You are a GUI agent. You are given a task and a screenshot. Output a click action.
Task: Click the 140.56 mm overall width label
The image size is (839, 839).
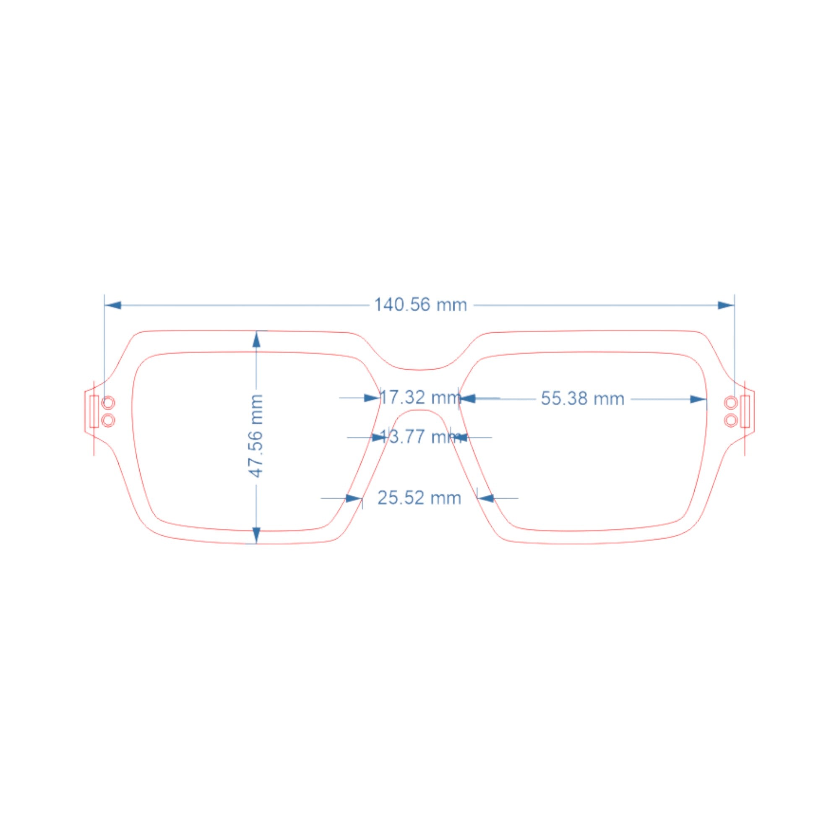point(420,305)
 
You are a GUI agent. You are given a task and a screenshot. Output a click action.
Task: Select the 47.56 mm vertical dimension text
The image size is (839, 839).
point(256,435)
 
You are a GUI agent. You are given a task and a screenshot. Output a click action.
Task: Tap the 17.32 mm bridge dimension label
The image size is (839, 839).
point(420,397)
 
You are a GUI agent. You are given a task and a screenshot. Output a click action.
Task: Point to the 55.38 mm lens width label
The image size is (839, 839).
point(582,399)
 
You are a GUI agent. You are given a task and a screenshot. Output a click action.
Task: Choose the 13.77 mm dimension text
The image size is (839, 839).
point(420,436)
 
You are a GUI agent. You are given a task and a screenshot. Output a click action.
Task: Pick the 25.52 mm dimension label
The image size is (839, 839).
point(419,498)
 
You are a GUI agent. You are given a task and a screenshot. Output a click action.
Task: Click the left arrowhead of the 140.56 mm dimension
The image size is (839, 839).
point(113,305)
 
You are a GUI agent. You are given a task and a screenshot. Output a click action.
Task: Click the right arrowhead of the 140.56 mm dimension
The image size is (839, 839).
point(726,305)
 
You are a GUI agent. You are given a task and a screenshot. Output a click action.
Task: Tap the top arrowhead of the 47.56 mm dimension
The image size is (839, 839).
point(256,339)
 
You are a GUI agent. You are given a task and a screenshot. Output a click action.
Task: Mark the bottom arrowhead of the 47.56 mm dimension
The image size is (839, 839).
point(256,535)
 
